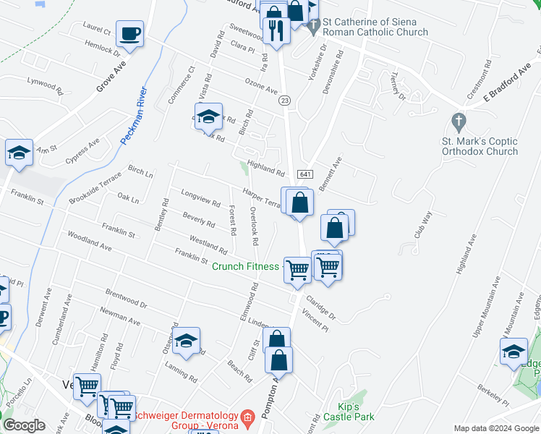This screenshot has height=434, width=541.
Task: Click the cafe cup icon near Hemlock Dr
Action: [129, 34]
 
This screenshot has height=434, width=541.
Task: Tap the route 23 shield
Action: [286, 101]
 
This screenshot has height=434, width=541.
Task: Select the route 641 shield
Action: [304, 174]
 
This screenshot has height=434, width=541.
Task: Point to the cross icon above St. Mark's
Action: [457, 120]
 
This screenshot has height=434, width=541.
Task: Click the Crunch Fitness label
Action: [244, 266]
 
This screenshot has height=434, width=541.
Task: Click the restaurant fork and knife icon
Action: [276, 31]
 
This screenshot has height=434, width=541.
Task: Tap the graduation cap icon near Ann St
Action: [20, 153]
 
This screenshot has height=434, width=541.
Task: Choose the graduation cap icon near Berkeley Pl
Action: [514, 352]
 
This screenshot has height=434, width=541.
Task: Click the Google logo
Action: [24, 425]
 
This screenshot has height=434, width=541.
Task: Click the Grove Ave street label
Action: [111, 76]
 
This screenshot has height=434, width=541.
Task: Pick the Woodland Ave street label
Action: [90, 241]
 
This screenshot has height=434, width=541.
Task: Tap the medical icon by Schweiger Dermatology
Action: [247, 417]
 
